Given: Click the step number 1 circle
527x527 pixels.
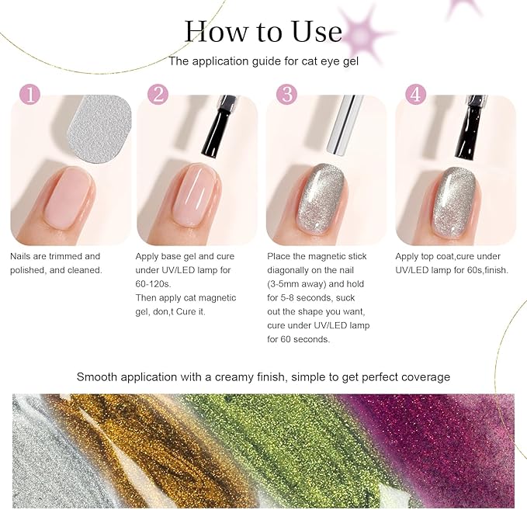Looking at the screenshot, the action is click(x=30, y=94).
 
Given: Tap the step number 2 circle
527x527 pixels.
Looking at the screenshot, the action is click(x=158, y=94).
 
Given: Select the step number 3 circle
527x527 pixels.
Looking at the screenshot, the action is click(x=287, y=94).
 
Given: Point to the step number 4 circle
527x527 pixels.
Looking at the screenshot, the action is click(x=416, y=94).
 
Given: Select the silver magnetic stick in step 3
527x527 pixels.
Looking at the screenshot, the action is click(x=345, y=126).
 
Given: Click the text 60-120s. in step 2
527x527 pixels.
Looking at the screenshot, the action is click(x=153, y=284).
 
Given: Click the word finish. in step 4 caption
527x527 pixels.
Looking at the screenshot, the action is click(x=496, y=270).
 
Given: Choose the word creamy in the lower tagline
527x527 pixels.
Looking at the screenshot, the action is click(x=235, y=377).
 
